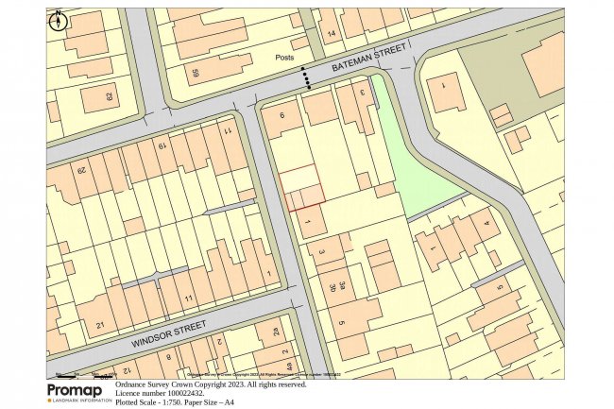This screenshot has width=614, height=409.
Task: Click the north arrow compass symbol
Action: coord(59,21)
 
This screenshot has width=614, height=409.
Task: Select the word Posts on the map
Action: coord(284,57)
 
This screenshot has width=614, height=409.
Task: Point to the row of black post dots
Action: coord(305,77)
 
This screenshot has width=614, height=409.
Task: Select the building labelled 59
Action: coord(196,72)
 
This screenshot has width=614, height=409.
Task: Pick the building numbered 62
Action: coord(108,97)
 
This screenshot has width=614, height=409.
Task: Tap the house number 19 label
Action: coord(162,145)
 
